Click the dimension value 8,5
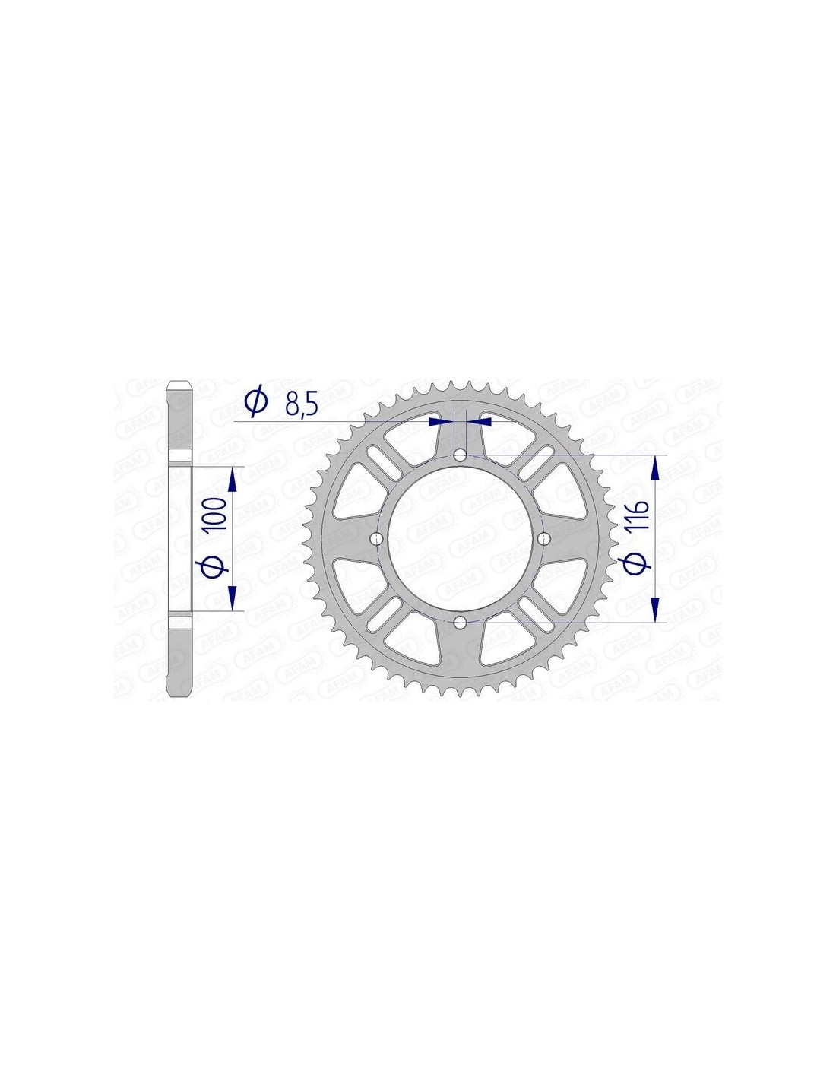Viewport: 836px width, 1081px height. click(301, 404)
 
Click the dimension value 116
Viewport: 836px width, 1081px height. click(641, 515)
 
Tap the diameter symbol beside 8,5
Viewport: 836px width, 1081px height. click(257, 402)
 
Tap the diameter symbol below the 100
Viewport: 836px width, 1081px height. click(218, 566)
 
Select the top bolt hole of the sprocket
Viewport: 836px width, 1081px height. click(461, 455)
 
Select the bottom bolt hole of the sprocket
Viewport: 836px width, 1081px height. click(461, 622)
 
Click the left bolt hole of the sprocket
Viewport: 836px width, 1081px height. click(376, 538)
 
